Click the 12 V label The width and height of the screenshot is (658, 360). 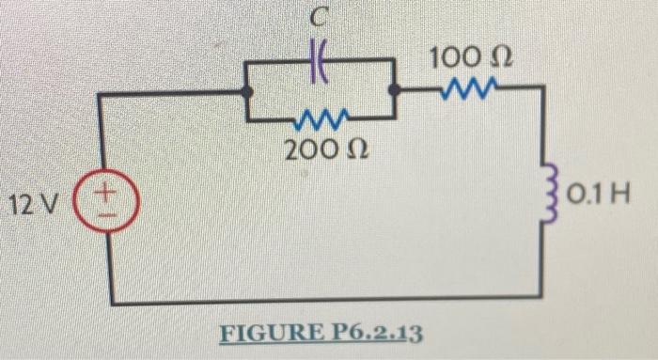coord(34,202)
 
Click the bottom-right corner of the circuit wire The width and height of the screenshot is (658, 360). coord(545,296)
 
